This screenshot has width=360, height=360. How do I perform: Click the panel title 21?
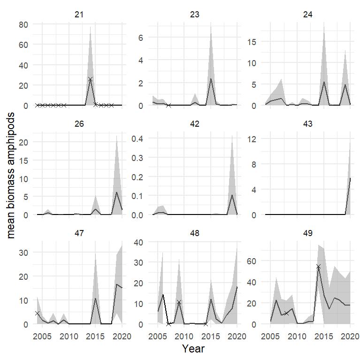click(79, 15)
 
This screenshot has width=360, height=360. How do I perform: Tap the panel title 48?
click(194, 233)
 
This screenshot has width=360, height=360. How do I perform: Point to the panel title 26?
click(79, 124)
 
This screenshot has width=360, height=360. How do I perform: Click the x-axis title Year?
click(193, 349)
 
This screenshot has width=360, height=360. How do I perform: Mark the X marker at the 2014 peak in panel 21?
click(90, 79)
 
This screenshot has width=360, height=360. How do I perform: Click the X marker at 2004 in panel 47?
click(37, 314)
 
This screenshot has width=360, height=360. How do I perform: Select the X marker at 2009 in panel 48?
click(179, 302)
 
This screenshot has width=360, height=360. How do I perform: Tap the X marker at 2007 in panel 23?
click(169, 105)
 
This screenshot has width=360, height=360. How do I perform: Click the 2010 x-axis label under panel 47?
click(69, 336)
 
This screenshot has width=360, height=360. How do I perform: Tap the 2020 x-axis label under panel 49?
click(350, 336)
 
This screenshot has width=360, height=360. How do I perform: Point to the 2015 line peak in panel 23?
click(211, 78)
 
